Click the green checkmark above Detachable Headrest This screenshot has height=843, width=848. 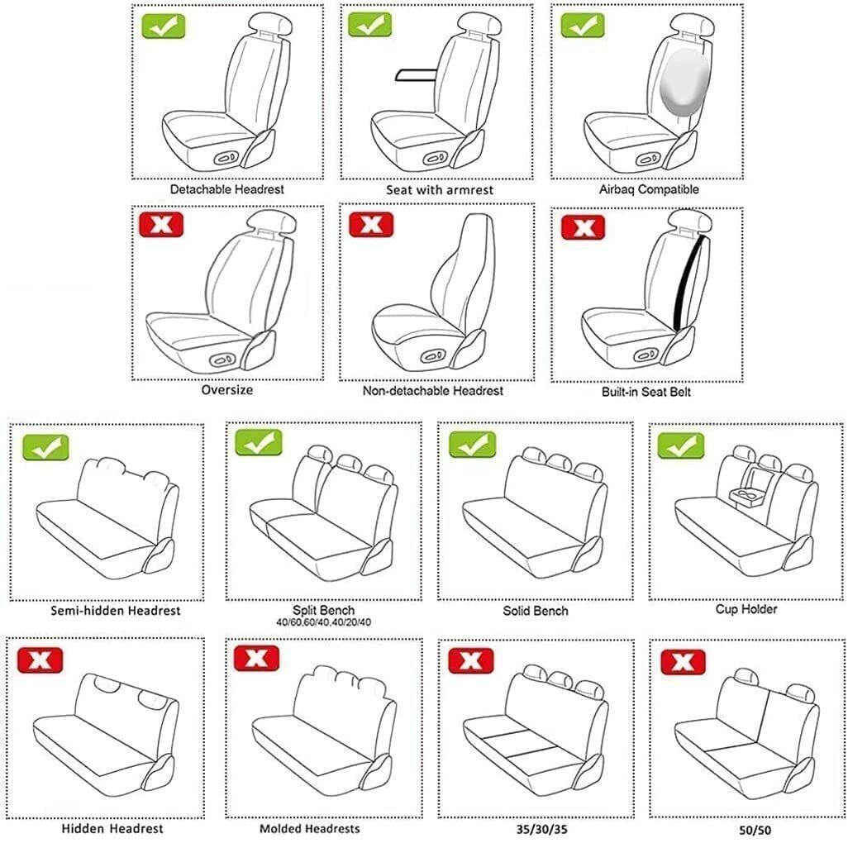(x=164, y=26)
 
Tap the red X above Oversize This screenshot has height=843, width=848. (x=161, y=225)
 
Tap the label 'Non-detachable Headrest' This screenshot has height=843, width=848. (x=432, y=391)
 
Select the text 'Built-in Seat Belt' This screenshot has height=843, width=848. (x=646, y=392)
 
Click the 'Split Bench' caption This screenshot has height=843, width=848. (x=323, y=611)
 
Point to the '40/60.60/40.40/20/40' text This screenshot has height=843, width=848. (x=323, y=622)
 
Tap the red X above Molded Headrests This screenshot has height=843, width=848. (x=256, y=658)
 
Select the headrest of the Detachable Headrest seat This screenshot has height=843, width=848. (x=270, y=25)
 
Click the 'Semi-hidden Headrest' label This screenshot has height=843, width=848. (x=115, y=611)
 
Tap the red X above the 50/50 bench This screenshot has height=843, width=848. (x=683, y=662)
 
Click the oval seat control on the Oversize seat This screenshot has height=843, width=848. (x=223, y=360)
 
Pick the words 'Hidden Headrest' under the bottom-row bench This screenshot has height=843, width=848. (x=112, y=829)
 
